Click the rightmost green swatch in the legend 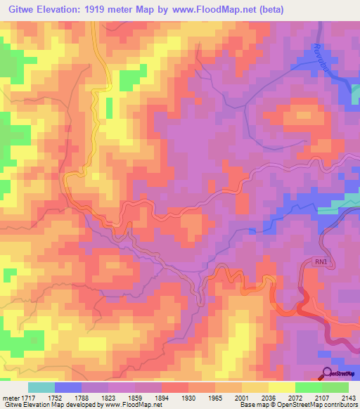[x=336, y=387]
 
